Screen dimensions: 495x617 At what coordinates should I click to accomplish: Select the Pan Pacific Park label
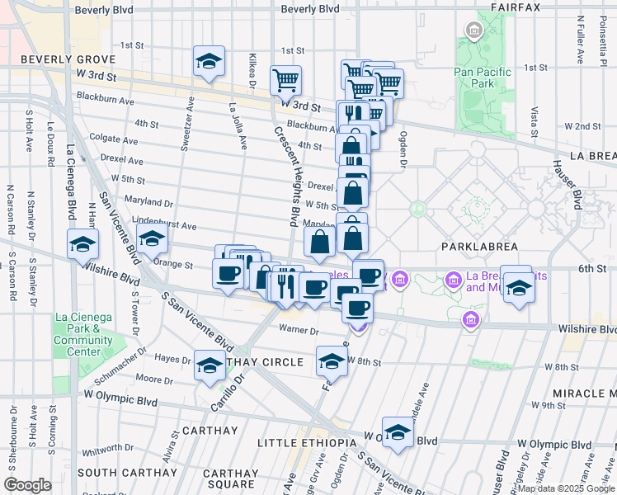click(483, 78)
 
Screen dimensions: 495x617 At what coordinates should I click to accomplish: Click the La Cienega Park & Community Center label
click(83, 335)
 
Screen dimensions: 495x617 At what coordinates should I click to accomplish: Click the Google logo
click(27, 485)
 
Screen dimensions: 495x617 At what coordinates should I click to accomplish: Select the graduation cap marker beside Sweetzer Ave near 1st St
click(209, 61)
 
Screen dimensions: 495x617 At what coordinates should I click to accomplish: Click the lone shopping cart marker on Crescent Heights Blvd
click(285, 80)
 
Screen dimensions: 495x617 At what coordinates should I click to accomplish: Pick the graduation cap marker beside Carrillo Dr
click(210, 364)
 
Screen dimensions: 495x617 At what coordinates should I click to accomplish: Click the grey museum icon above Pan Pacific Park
click(474, 32)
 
